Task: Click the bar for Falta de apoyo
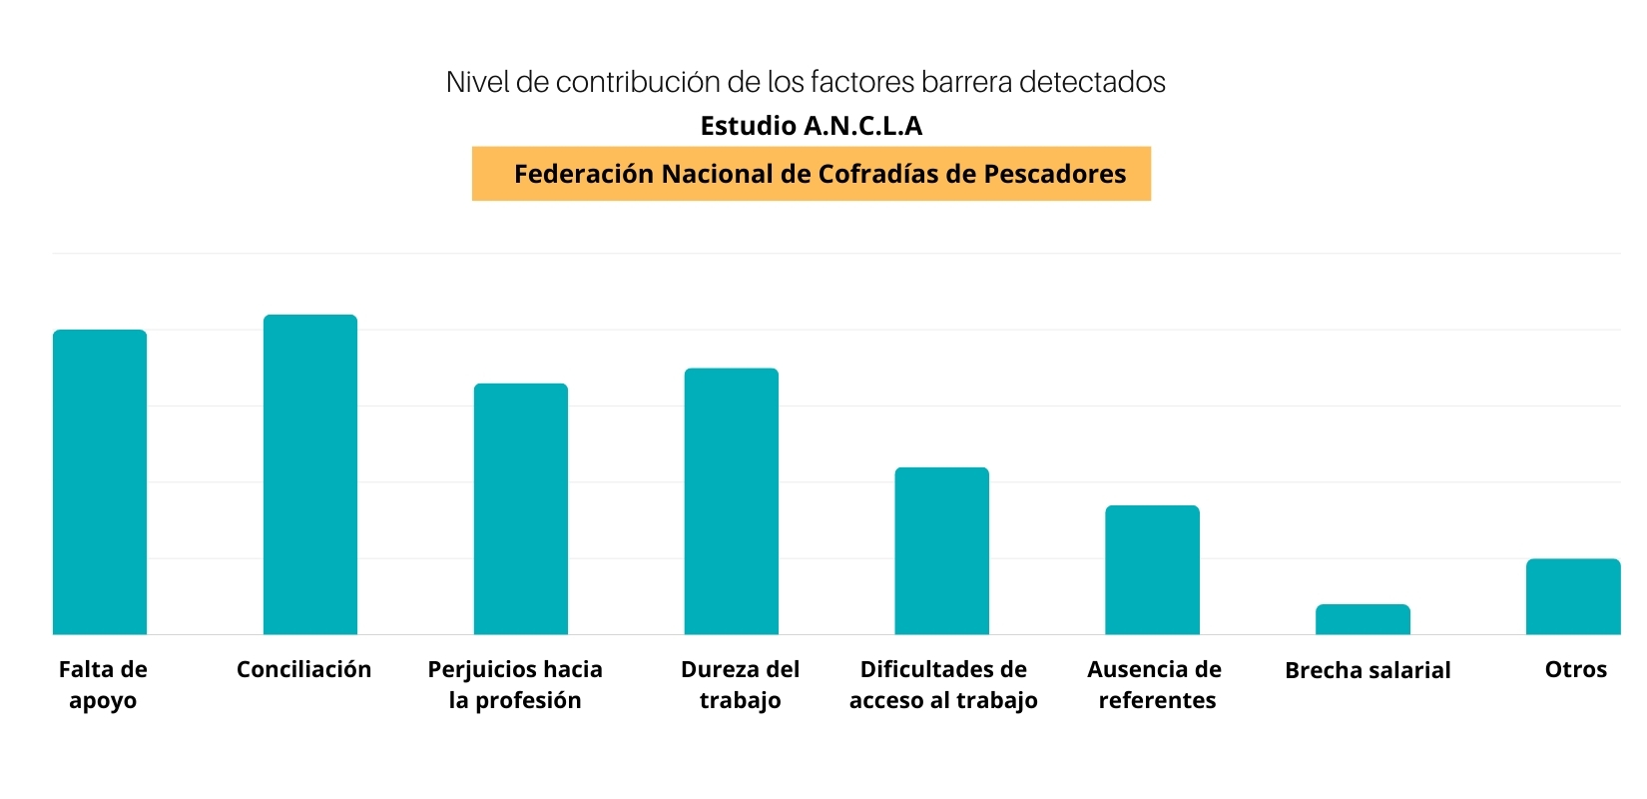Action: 100,482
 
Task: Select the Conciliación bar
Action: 310,474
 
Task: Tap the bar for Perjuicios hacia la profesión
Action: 521,509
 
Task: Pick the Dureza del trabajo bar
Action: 732,501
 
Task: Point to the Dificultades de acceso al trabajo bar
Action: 942,551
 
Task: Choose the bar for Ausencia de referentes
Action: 1153,570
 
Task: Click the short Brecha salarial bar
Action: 1364,619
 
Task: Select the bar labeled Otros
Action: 1573,596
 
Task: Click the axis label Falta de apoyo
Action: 103,684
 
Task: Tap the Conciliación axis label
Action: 303,669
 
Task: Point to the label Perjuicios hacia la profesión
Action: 515,684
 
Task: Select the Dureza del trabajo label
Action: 741,684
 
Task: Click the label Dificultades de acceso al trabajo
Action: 943,684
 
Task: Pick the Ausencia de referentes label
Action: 1156,684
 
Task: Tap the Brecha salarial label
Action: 1368,670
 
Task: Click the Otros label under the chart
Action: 1576,669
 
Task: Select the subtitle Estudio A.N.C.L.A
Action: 812,126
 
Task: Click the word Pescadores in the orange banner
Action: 1055,174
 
